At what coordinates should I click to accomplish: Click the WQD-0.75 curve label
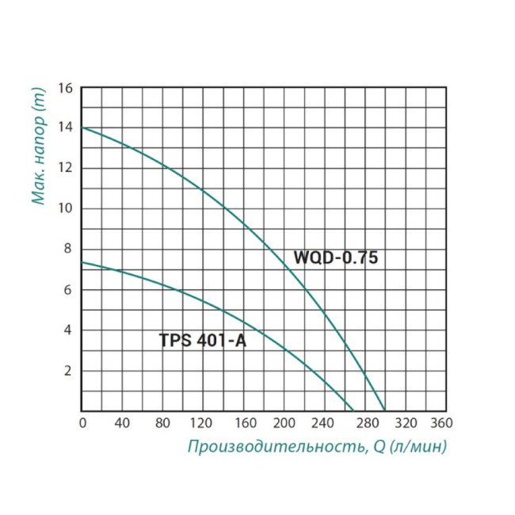[337, 257]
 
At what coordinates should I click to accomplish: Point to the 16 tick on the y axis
[66, 87]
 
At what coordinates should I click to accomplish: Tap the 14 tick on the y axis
[66, 128]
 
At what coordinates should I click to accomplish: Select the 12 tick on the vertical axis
[66, 168]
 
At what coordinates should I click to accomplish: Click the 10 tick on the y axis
[66, 208]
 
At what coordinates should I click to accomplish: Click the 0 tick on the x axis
[82, 423]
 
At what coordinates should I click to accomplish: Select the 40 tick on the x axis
[123, 423]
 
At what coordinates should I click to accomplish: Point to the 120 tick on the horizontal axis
[204, 423]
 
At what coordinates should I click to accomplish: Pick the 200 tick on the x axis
[284, 423]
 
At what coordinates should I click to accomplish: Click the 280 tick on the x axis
[364, 423]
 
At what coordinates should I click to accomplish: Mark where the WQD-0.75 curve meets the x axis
[384, 410]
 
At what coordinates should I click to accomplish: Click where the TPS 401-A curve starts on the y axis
[82, 262]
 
